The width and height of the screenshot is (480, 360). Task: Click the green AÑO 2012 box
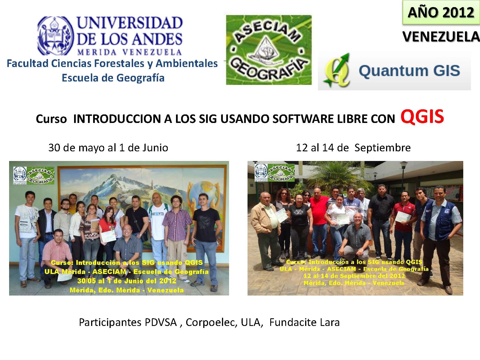(441, 13)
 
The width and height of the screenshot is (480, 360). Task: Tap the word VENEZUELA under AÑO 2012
(441, 37)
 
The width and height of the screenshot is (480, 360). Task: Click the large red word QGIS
(422, 117)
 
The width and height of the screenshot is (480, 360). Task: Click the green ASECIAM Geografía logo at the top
(269, 50)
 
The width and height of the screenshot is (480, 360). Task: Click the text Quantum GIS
(409, 71)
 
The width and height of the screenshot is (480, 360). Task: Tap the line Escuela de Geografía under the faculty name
(113, 78)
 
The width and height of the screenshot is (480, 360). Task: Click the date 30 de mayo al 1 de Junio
(108, 148)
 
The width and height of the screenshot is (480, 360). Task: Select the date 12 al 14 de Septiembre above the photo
(353, 148)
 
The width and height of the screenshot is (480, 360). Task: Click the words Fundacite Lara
(304, 322)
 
